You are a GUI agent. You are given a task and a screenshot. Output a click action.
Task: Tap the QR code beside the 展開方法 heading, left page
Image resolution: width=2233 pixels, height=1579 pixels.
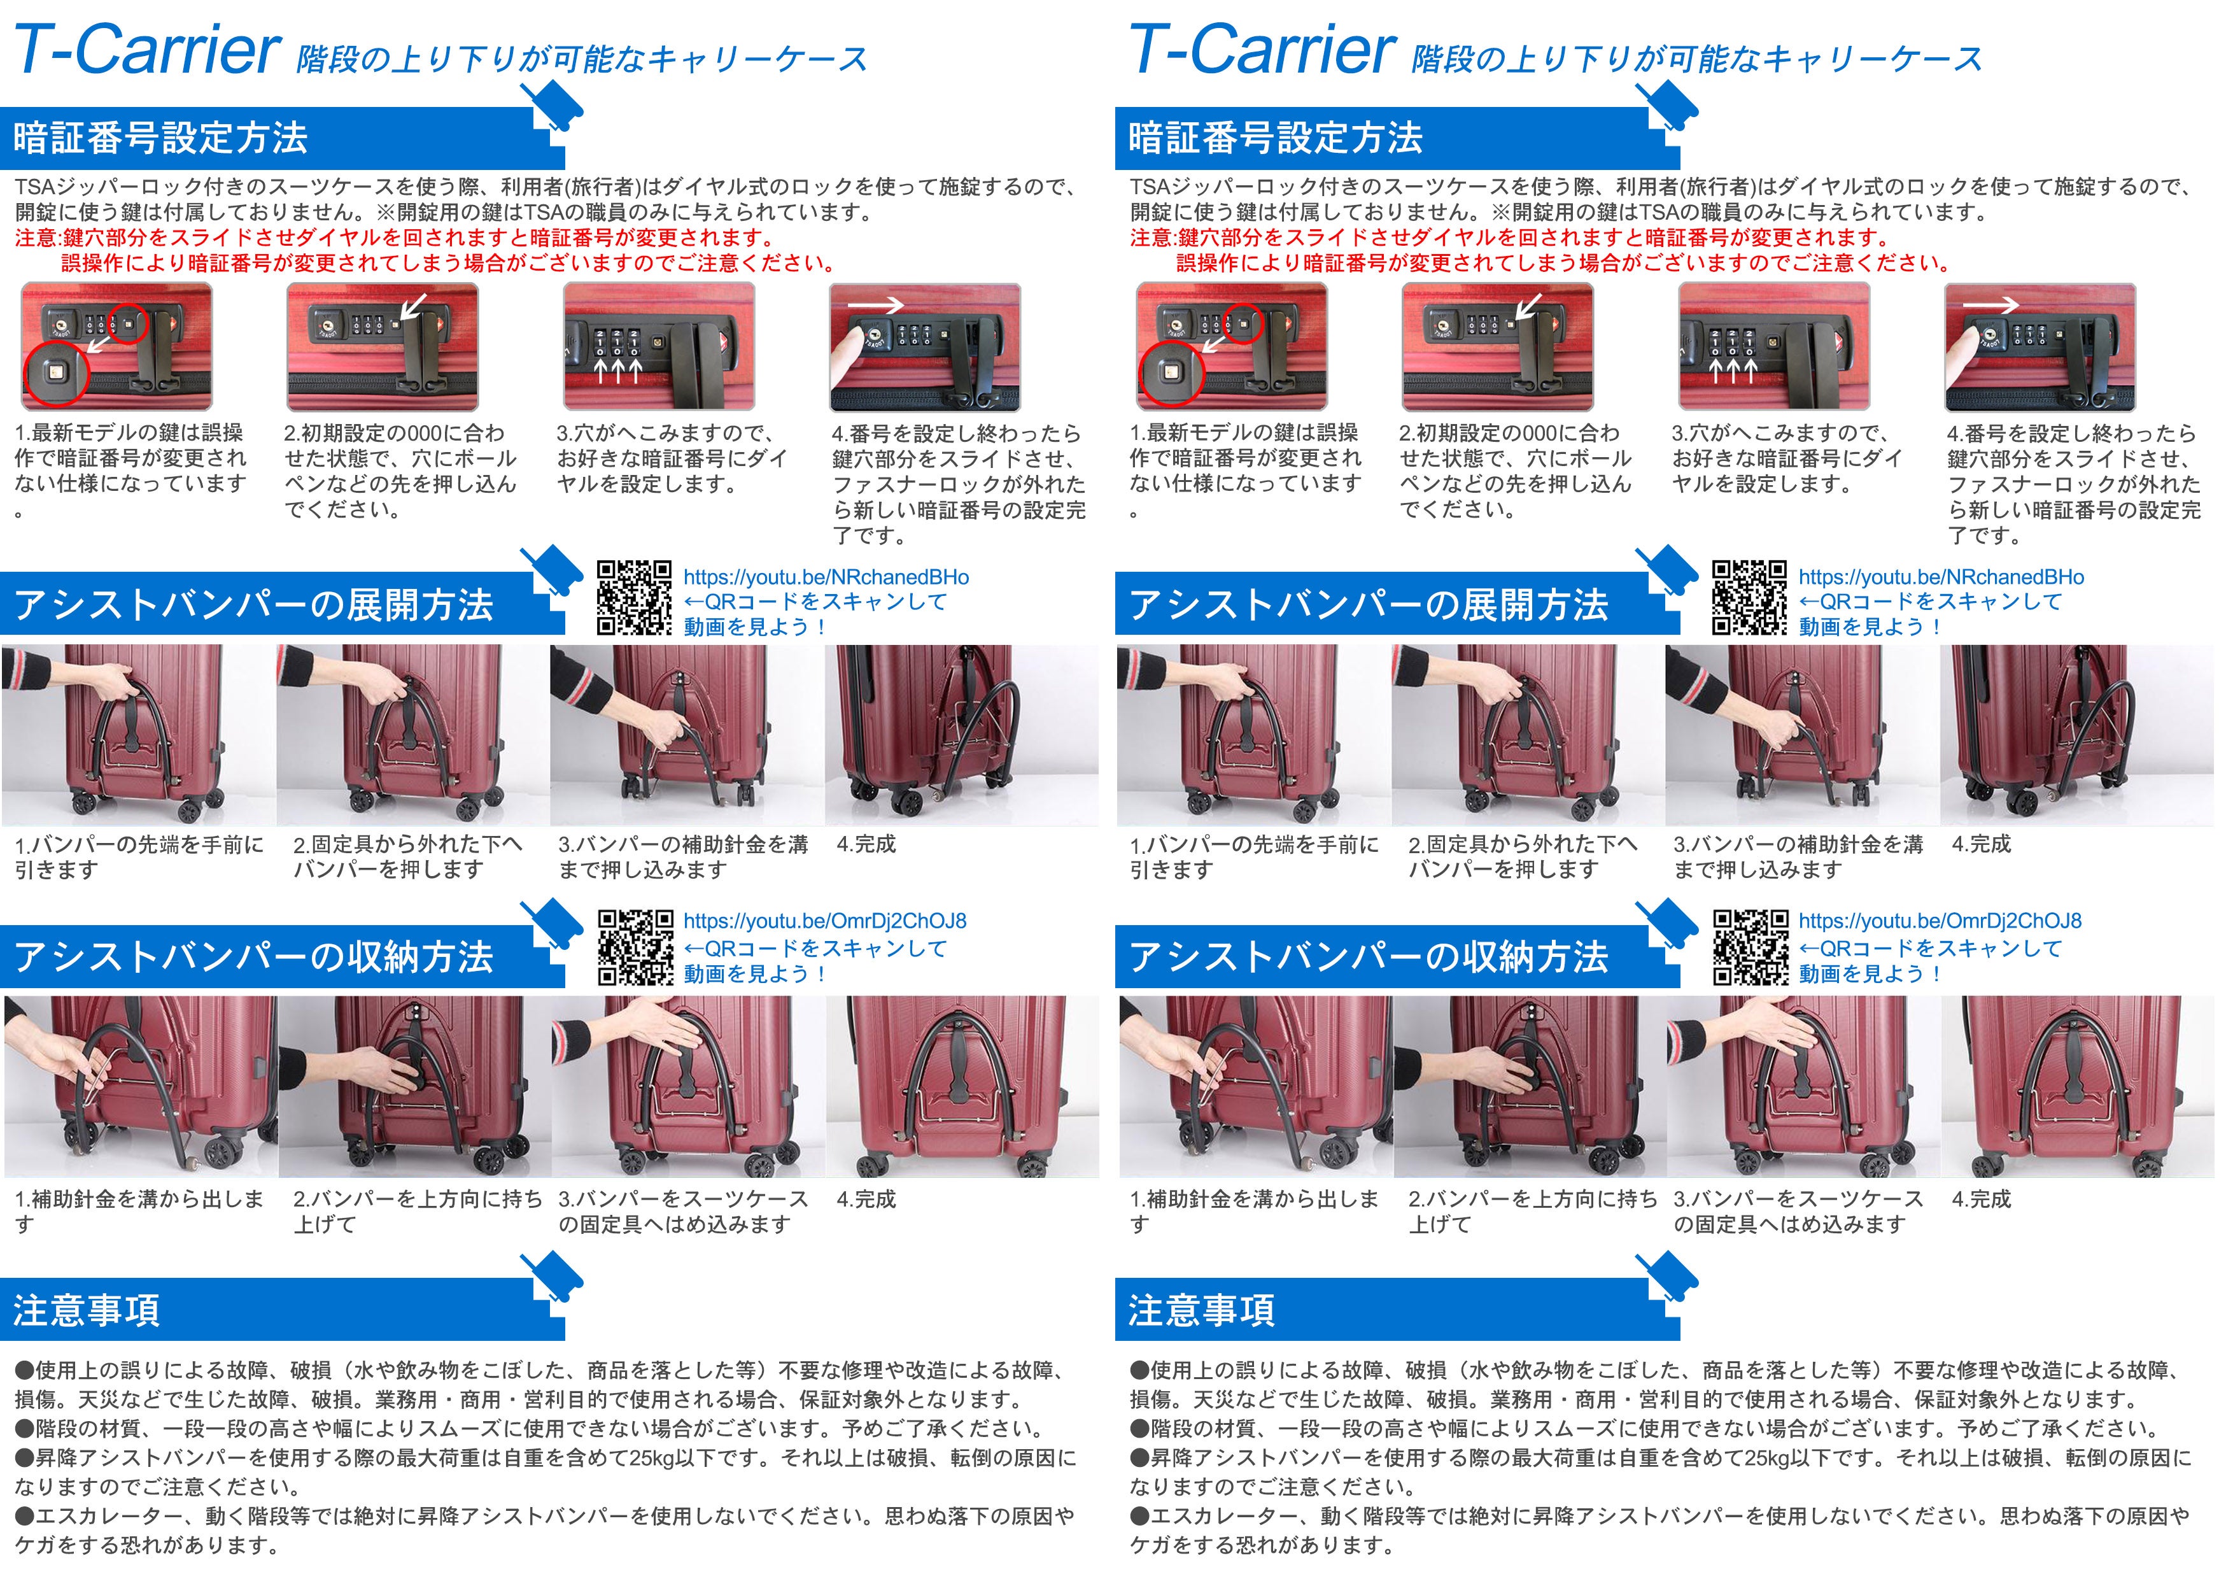634,597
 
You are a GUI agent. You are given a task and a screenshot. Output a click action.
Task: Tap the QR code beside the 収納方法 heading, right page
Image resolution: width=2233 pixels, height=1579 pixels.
1750,947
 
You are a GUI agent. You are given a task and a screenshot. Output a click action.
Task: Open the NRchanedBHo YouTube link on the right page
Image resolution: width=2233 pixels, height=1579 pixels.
1940,577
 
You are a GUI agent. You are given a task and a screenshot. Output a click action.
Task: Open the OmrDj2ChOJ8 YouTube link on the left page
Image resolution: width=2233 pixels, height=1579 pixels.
825,921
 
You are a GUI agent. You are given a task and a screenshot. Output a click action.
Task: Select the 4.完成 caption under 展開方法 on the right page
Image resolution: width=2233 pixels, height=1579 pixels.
1981,844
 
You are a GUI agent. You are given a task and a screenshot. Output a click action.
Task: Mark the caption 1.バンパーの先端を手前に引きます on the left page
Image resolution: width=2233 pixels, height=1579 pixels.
139,856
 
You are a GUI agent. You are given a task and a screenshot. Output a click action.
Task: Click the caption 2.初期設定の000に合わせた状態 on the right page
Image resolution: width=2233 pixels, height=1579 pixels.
1515,471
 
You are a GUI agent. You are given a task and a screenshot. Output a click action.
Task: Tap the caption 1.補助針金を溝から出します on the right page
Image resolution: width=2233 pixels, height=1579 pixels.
1253,1211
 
